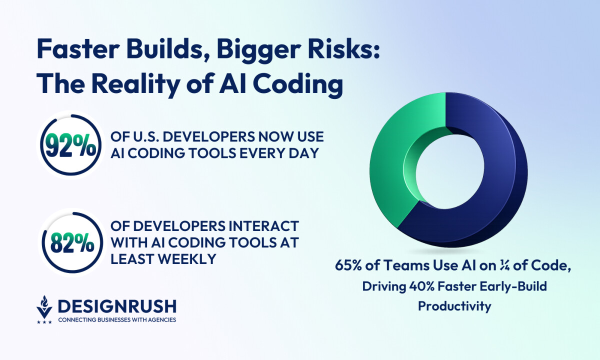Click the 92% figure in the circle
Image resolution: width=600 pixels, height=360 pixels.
coord(70,146)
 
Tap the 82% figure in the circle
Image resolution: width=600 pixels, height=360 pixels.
coord(72,243)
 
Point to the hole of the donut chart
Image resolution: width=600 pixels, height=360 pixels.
coord(450,171)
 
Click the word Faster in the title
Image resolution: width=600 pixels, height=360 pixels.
coord(78,49)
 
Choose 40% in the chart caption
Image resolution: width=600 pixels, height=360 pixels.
coord(421,286)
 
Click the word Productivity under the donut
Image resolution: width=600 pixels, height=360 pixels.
coord(454,306)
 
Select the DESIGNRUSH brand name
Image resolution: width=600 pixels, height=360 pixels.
coord(117,306)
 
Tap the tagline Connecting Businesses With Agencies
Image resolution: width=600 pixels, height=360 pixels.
coord(117,319)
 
